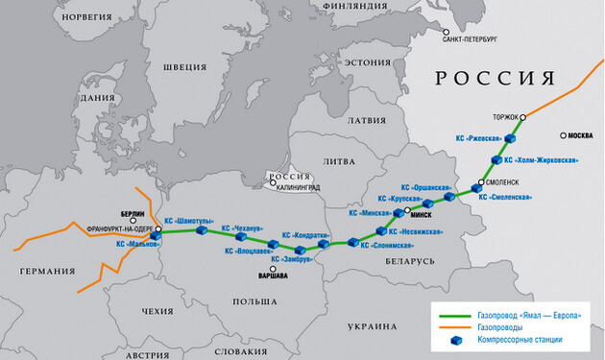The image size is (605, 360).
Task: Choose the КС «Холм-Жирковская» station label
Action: pyautogui.click(x=543, y=159)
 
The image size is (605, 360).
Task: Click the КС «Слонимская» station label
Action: pyautogui.click(x=387, y=245)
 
